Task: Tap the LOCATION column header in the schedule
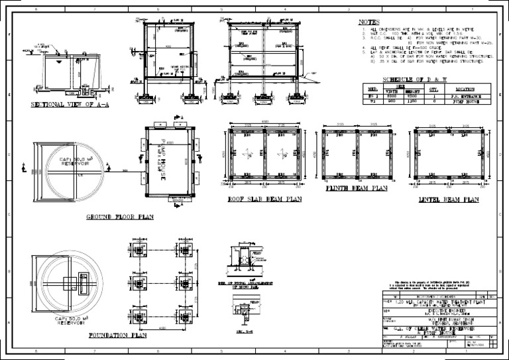[465, 88]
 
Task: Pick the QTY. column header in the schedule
[435, 88]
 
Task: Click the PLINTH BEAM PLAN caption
[357, 188]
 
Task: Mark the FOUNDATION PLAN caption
[117, 336]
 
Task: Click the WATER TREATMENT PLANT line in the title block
[434, 301]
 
